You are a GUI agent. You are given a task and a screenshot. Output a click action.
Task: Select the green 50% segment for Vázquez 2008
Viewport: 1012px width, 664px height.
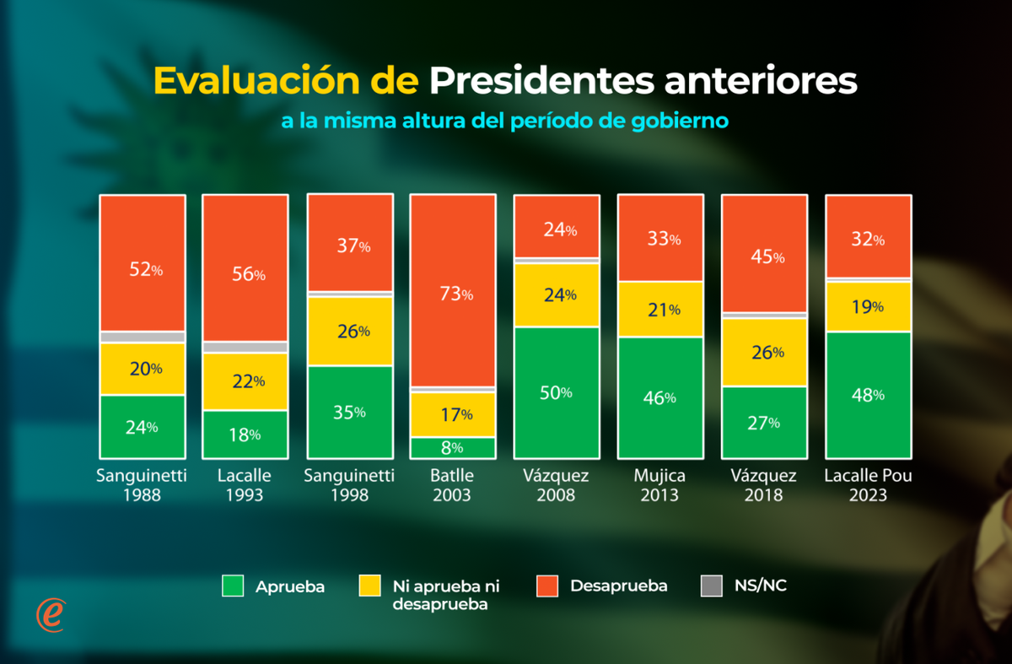pos(556,392)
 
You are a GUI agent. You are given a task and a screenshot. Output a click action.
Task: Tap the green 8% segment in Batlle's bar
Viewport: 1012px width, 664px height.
pos(452,448)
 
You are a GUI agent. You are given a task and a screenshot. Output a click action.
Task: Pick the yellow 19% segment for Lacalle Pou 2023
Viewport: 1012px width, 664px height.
pos(868,307)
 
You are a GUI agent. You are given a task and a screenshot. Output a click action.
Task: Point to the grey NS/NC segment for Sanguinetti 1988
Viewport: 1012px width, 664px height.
pos(143,337)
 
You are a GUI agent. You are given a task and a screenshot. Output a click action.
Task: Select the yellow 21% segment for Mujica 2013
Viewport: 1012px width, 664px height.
pos(659,309)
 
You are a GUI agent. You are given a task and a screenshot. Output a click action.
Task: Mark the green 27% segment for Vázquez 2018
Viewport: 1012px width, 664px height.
pos(764,422)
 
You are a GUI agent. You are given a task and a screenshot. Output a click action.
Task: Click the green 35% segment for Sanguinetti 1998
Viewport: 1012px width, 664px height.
pos(349,412)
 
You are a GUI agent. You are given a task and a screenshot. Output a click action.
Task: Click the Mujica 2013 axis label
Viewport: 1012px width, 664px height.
pos(659,485)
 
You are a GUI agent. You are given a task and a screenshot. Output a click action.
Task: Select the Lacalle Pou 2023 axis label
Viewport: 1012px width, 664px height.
pos(868,485)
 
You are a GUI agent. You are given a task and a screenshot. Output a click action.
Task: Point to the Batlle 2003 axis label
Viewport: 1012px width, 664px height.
pos(452,485)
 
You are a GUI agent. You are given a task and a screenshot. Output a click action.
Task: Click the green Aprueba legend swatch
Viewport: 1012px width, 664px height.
pos(233,586)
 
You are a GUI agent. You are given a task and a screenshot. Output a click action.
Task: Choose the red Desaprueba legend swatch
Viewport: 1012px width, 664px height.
pos(547,586)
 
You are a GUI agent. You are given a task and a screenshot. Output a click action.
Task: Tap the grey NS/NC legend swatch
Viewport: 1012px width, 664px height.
pos(713,586)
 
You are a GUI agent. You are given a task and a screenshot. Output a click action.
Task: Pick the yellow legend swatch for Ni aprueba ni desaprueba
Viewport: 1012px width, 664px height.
pos(370,586)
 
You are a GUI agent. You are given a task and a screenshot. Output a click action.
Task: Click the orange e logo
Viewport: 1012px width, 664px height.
pos(51,614)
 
